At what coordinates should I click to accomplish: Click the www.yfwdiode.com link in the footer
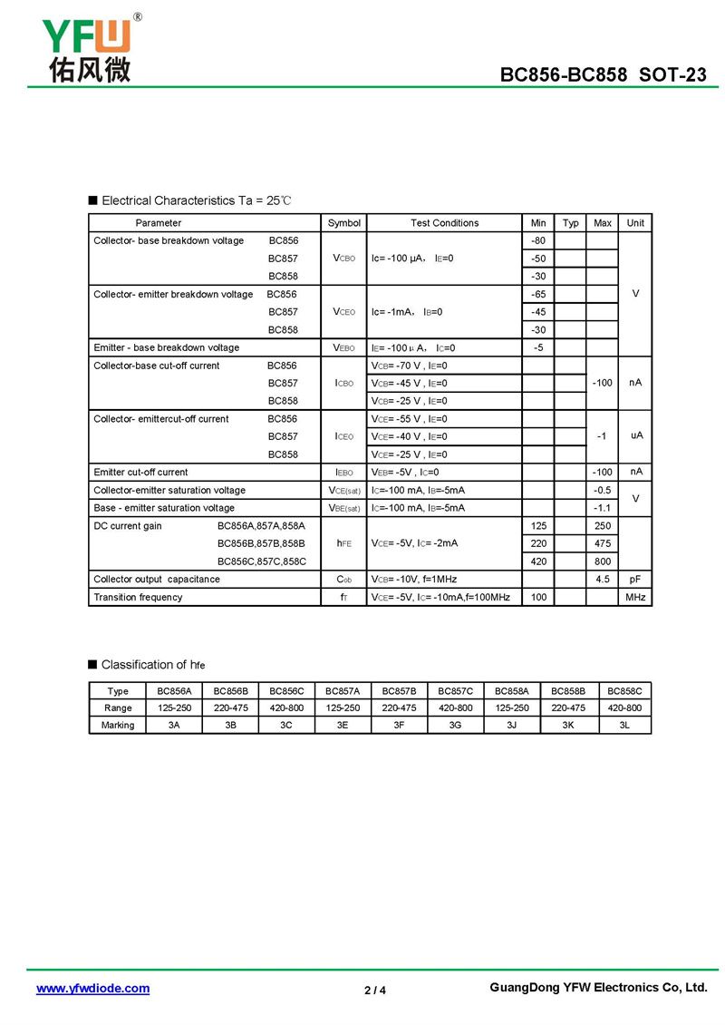click(x=92, y=988)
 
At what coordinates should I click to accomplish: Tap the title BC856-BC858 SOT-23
click(x=603, y=74)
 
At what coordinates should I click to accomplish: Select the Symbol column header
click(x=343, y=223)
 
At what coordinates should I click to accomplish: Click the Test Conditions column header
click(x=444, y=223)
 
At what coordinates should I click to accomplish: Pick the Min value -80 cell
click(x=538, y=240)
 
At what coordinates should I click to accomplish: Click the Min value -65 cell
click(x=538, y=294)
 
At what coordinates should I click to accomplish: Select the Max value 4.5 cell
click(x=602, y=579)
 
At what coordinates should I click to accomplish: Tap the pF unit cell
click(x=635, y=579)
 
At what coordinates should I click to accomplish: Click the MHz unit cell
click(x=635, y=597)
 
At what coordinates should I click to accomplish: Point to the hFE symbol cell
click(x=343, y=543)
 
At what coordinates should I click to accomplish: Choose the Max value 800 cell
click(x=602, y=561)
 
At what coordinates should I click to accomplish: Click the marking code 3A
click(x=173, y=725)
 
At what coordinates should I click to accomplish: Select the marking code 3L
click(x=624, y=725)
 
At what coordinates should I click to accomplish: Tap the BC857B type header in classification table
click(x=399, y=690)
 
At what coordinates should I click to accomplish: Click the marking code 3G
click(x=455, y=725)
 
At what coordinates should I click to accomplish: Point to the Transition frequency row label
click(x=138, y=597)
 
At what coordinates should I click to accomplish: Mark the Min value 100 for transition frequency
click(x=538, y=597)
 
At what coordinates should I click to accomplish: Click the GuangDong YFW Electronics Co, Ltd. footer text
click(x=597, y=988)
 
